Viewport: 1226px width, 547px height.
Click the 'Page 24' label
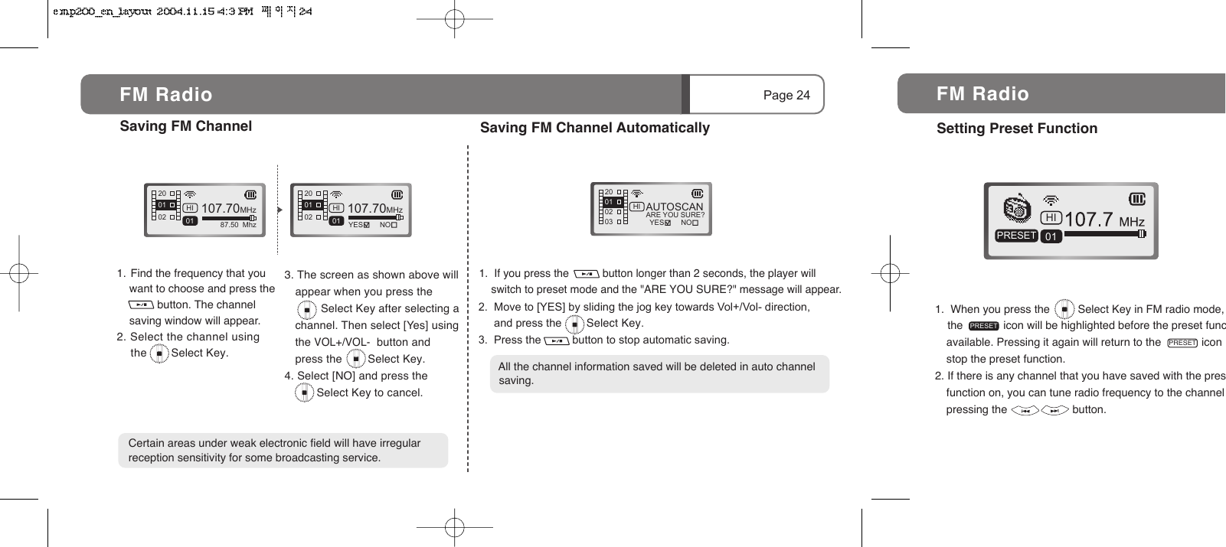[x=786, y=95]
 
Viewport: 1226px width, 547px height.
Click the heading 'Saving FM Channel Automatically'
[x=594, y=128]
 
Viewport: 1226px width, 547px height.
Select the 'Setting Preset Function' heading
[x=1016, y=129]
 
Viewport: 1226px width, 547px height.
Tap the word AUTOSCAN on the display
[x=674, y=207]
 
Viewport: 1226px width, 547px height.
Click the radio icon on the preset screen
[x=1017, y=208]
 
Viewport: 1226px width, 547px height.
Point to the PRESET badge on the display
[x=1016, y=236]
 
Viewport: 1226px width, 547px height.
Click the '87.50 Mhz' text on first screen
[x=237, y=226]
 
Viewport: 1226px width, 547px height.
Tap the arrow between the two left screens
[x=280, y=210]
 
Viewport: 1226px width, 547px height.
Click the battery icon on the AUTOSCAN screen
[x=697, y=194]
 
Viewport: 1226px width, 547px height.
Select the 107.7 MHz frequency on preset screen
[x=1103, y=220]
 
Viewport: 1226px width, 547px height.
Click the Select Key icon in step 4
[x=305, y=393]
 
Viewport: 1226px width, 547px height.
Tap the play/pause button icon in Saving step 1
[x=141, y=305]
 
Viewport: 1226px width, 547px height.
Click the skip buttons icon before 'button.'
[x=1039, y=411]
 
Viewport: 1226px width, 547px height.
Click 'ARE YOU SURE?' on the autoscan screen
[x=675, y=215]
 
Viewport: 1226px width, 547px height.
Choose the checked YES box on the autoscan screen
[x=668, y=223]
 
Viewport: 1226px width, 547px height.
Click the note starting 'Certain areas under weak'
[x=283, y=451]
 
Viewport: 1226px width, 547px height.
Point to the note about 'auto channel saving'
[x=659, y=373]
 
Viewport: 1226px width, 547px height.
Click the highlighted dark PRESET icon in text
[x=983, y=327]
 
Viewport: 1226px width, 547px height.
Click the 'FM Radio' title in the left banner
[x=165, y=95]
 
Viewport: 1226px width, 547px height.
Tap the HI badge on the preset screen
[x=1051, y=219]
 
